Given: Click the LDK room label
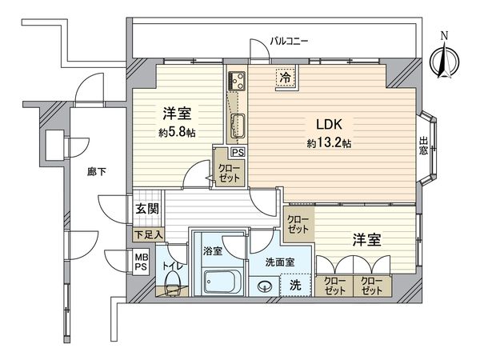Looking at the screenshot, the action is tap(329, 125).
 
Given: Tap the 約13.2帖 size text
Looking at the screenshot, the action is tap(329, 143).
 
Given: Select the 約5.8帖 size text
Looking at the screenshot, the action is tap(178, 133).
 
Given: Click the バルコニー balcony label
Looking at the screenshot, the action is tap(289, 41).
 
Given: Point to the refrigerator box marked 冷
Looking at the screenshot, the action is tap(286, 78).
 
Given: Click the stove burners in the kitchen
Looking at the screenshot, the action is tap(237, 81).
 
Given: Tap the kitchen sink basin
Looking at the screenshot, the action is tap(237, 126).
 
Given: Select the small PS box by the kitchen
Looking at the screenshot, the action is tap(238, 152).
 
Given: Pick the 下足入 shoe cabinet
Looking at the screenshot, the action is tap(149, 234).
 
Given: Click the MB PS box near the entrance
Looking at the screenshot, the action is tap(142, 262).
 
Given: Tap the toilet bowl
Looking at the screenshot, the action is tap(173, 281).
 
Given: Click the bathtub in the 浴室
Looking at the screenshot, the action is tap(220, 282).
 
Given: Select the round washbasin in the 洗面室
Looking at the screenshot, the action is tap(265, 287).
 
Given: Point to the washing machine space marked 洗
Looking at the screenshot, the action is tap(295, 286).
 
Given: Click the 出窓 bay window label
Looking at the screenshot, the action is tap(423, 146).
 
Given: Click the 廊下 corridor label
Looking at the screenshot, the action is tap(97, 172).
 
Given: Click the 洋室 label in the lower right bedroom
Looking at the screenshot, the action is tap(366, 240).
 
